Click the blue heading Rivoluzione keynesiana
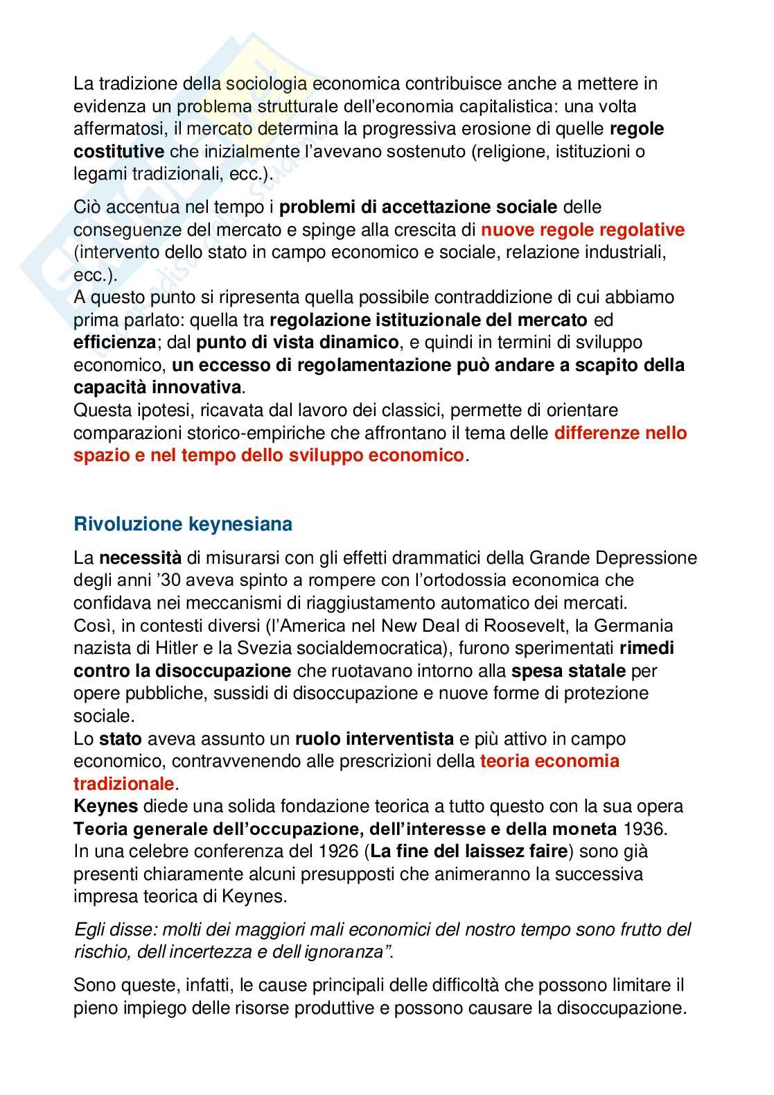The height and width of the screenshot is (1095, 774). pyautogui.click(x=183, y=524)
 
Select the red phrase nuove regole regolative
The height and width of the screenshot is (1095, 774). pyautogui.click(x=583, y=230)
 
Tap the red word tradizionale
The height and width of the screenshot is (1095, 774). pyautogui.click(x=124, y=784)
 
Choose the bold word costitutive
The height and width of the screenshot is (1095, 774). pyautogui.click(x=119, y=151)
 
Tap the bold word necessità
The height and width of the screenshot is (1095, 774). pyautogui.click(x=141, y=558)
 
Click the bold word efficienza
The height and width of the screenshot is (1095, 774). pyautogui.click(x=114, y=343)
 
